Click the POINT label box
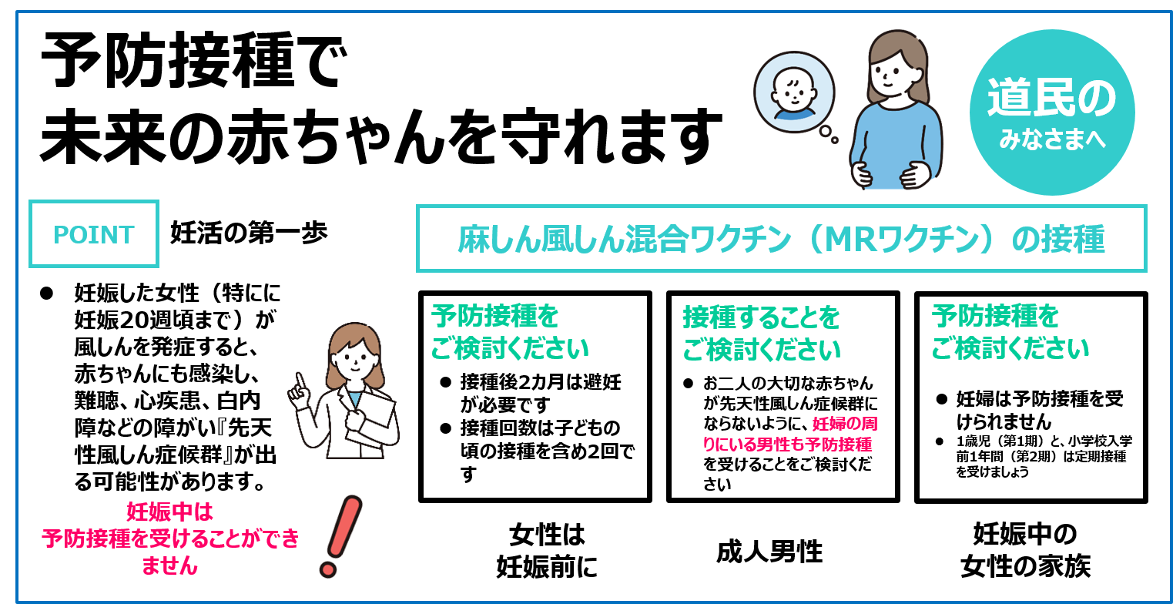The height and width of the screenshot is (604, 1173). click(x=93, y=233)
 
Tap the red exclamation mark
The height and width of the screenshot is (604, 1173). click(x=340, y=536)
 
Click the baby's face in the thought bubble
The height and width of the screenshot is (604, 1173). click(x=794, y=92)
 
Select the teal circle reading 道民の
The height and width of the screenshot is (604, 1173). click(x=1051, y=112)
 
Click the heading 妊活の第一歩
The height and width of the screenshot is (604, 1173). click(x=249, y=232)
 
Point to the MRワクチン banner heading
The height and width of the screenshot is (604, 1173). click(x=781, y=239)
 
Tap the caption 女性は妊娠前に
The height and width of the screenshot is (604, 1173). click(x=547, y=550)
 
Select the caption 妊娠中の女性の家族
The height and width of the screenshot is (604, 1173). click(x=1024, y=550)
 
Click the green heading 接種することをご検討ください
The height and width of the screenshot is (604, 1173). click(x=762, y=334)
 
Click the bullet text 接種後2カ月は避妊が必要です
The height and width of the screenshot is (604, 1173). click(x=539, y=392)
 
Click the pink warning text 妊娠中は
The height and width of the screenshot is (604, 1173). click(x=169, y=511)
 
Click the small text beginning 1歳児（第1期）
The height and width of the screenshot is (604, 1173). click(x=1043, y=456)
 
